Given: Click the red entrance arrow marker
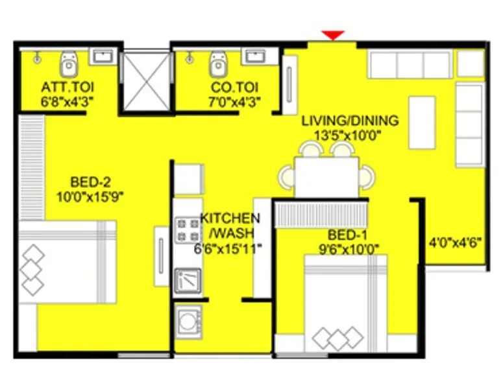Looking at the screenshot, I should point(333,35).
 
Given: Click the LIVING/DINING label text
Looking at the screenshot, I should point(350,121).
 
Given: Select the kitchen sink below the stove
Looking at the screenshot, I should point(188,279).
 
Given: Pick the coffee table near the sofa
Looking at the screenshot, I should point(422,121).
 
